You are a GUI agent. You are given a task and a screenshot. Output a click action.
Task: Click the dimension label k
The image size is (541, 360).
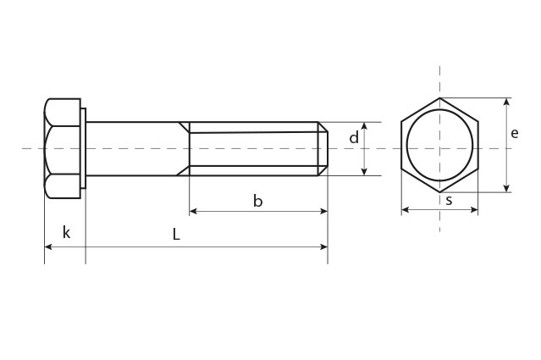point(66,233)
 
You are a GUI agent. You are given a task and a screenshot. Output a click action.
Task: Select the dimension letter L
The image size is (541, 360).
point(176,235)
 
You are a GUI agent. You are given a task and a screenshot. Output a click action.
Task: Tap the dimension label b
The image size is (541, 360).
point(257,201)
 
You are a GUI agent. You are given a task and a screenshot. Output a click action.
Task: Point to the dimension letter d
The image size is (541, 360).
point(354,137)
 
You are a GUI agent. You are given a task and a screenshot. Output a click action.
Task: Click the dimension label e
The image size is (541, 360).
point(514,133)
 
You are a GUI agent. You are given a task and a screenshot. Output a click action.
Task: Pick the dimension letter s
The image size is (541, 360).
point(449,201)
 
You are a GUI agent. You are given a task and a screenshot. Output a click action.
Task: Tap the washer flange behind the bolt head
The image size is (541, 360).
point(83,148)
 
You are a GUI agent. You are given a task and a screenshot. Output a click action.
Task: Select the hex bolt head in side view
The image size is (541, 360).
point(61,148)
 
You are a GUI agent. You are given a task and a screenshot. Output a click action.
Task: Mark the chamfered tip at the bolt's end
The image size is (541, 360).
point(323,148)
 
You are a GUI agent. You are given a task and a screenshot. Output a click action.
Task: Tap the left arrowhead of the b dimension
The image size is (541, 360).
point(193,210)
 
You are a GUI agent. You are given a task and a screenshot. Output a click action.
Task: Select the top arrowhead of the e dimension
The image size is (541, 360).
point(506,102)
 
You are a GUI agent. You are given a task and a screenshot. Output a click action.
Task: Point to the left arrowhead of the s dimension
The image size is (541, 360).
point(405,210)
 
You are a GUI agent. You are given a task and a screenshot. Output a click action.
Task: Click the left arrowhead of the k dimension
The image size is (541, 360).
point(47,246)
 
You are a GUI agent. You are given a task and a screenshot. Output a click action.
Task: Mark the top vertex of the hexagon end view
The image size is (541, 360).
point(439,98)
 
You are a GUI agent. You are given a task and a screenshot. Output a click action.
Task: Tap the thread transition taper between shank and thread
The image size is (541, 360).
point(183,148)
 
